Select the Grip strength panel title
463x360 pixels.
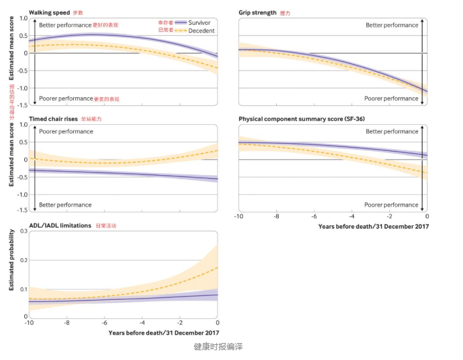click(x=257, y=12)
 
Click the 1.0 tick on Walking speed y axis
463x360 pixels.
click(x=23, y=18)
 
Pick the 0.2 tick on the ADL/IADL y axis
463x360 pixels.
click(x=23, y=260)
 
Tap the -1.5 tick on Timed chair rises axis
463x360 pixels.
click(x=22, y=210)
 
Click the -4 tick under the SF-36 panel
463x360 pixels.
click(x=351, y=216)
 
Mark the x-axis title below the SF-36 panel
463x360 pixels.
click(x=374, y=226)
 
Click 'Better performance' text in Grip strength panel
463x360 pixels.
click(x=392, y=25)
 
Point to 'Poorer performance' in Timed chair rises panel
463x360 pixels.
click(x=66, y=131)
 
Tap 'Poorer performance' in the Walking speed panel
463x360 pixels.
click(x=66, y=99)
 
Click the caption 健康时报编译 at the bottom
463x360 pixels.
click(x=218, y=346)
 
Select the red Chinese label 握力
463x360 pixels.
click(x=285, y=12)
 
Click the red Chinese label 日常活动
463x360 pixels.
click(x=106, y=226)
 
